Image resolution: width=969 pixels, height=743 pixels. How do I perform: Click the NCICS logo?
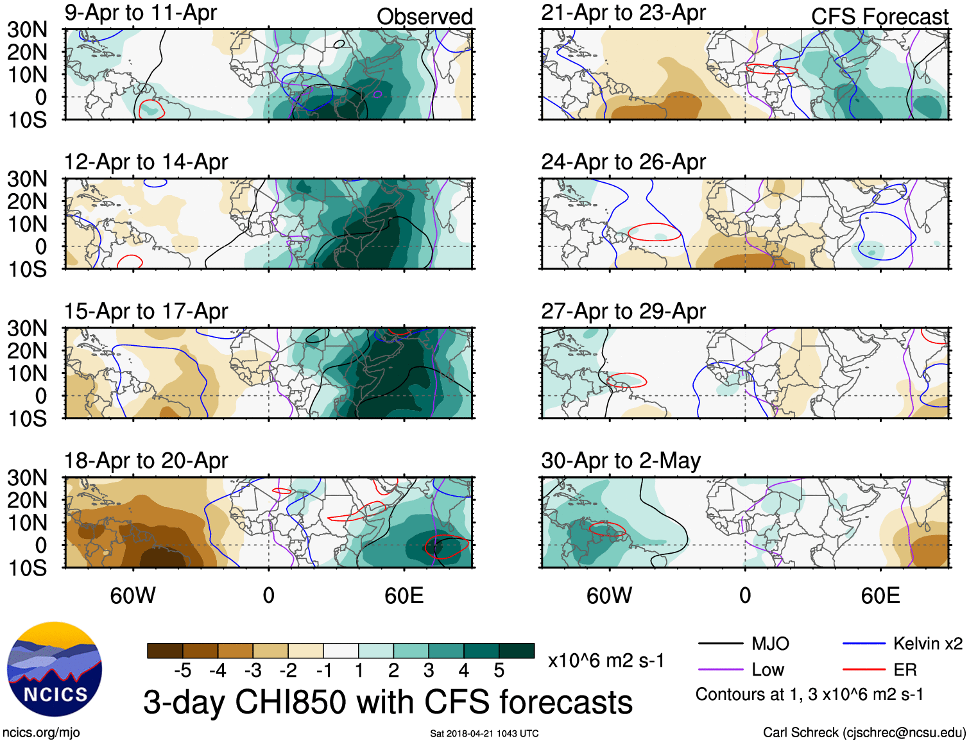55,669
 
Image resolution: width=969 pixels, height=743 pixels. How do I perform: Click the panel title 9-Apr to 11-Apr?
141,13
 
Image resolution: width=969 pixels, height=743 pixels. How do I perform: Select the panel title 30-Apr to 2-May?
621,461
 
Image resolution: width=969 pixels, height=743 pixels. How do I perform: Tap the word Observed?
424,17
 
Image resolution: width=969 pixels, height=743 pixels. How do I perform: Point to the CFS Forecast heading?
879,17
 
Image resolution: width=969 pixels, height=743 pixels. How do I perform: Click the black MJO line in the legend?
720,644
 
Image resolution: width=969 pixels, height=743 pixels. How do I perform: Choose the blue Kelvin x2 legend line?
864,644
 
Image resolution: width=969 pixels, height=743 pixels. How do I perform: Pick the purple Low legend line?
720,670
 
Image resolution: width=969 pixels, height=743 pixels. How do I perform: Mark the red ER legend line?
864,670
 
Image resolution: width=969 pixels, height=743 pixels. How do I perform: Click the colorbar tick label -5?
182,670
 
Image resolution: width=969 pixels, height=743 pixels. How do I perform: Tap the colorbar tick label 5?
499,670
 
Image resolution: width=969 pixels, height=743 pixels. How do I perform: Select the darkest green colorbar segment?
517,651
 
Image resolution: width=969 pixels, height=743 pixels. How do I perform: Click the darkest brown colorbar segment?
165,651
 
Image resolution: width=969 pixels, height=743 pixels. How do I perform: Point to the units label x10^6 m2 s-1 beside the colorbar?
606,660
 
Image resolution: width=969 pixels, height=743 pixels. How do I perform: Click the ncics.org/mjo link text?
41,733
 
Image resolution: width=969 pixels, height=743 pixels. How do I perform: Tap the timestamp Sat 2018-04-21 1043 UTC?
484,733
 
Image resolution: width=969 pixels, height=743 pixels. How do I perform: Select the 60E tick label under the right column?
880,596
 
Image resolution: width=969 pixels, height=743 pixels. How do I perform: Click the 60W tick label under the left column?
133,596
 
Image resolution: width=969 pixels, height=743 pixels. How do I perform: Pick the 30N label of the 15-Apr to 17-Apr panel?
27,329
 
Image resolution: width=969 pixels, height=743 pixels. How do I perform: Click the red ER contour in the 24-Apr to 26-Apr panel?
655,224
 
